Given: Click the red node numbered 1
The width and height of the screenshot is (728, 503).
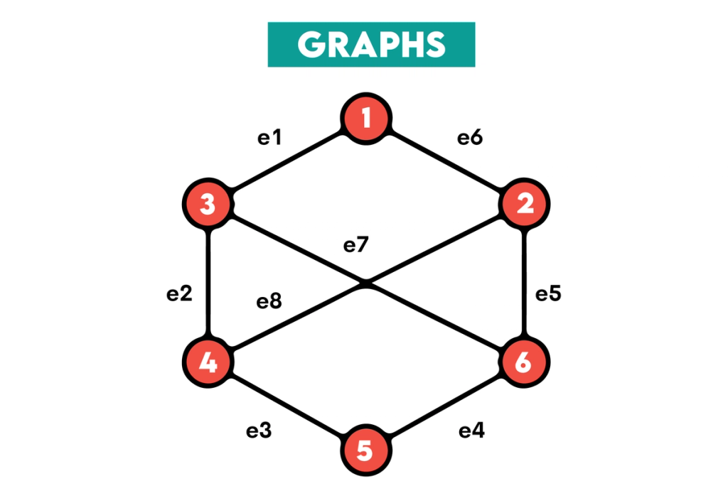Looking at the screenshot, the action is click(x=366, y=119).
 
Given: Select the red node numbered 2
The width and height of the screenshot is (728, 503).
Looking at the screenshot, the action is click(x=524, y=204).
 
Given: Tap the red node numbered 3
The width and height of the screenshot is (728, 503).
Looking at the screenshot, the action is click(x=208, y=204).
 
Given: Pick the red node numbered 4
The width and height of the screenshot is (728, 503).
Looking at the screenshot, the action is click(x=208, y=362).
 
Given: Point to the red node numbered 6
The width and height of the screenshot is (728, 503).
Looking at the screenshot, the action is click(x=524, y=362).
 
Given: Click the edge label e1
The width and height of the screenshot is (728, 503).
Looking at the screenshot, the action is click(x=269, y=137).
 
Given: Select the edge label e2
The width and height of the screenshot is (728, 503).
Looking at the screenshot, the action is click(x=179, y=293).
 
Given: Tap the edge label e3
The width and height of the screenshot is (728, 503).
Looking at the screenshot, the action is click(x=259, y=431).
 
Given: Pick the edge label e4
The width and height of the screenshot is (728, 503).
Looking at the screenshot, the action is click(x=472, y=431).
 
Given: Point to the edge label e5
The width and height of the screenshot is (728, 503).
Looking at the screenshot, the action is click(x=548, y=293).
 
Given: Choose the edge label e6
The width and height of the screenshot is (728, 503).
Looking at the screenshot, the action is click(x=470, y=137).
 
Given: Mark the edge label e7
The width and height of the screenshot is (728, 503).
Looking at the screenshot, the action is click(x=355, y=244).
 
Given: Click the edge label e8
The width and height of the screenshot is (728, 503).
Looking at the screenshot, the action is click(x=269, y=301).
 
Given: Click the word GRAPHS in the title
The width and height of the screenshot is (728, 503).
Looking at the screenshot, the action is click(x=371, y=45).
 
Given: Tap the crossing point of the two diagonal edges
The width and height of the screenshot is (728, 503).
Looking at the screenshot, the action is click(x=366, y=283).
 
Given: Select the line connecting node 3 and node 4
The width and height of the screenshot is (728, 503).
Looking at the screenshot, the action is click(x=208, y=283).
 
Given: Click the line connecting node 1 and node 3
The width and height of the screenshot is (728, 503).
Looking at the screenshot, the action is click(x=287, y=161).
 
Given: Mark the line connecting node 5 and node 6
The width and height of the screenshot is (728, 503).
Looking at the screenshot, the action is click(x=445, y=406).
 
